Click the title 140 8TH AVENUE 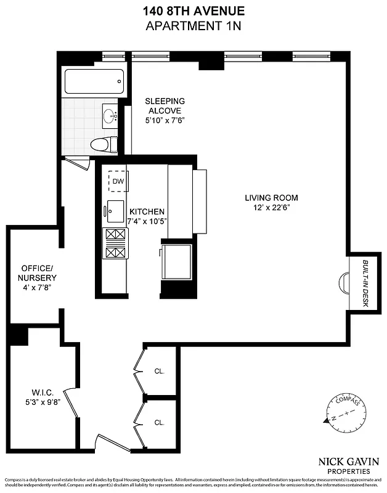pyautogui.click(x=193, y=10)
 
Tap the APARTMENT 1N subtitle pyautogui.click(x=193, y=25)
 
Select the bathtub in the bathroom pyautogui.click(x=94, y=81)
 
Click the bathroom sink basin pyautogui.click(x=112, y=115)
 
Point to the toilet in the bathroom pyautogui.click(x=101, y=145)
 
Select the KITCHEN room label pyautogui.click(x=147, y=211)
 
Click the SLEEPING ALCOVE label pyautogui.click(x=165, y=105)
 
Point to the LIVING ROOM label pyautogui.click(x=271, y=198)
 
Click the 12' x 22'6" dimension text pyautogui.click(x=271, y=208)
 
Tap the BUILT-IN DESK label pyautogui.click(x=365, y=283)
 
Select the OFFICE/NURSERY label pyautogui.click(x=38, y=273)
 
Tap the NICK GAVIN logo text pyautogui.click(x=348, y=460)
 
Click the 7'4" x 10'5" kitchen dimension pyautogui.click(x=147, y=221)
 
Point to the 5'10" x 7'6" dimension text pyautogui.click(x=165, y=120)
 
